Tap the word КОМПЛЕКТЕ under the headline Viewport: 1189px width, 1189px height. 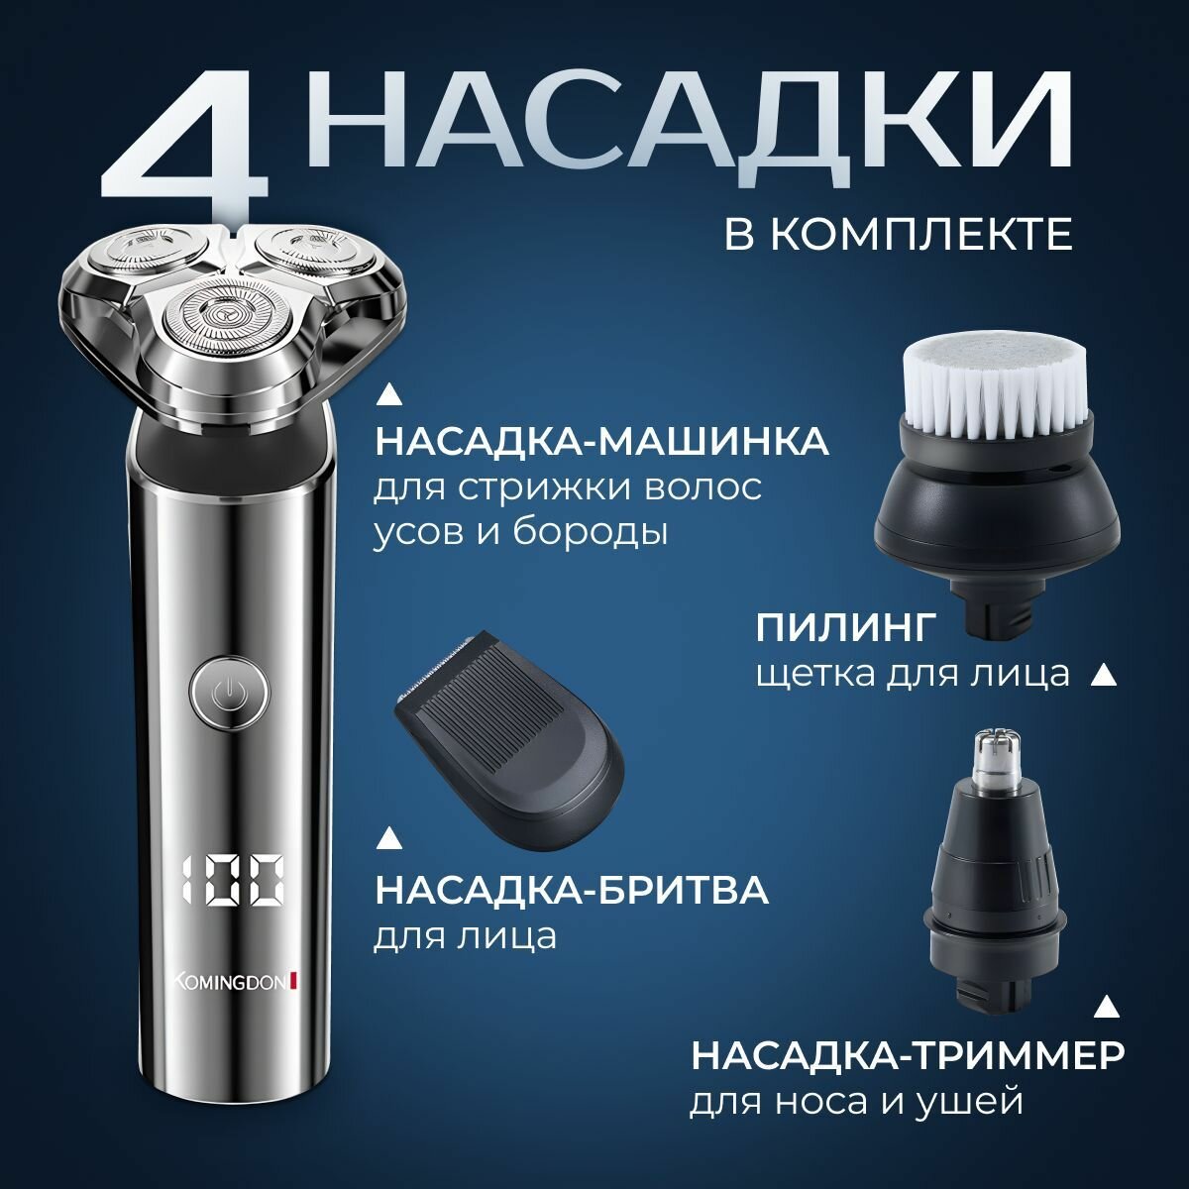[x=920, y=233]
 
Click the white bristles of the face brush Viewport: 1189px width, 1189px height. [x=997, y=383]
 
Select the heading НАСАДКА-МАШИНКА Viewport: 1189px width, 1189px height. [x=601, y=443]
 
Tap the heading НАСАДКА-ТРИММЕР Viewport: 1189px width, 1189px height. [x=907, y=1057]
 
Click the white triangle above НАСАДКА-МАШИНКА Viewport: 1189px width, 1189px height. [x=388, y=395]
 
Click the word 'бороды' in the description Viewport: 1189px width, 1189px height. [x=590, y=531]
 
